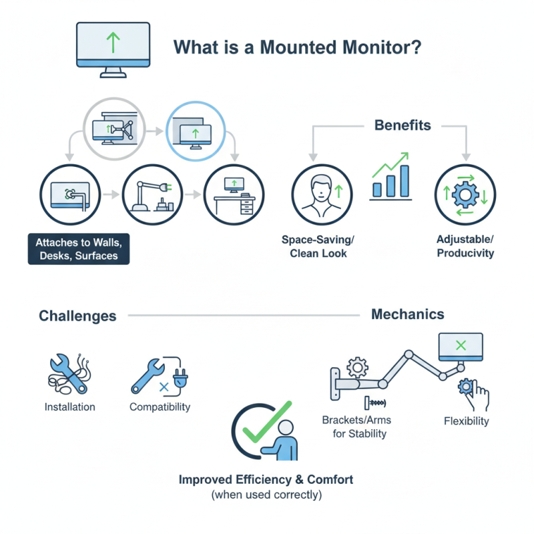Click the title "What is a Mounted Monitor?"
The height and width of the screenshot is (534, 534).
297,48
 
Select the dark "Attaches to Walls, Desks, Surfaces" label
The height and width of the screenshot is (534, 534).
79,248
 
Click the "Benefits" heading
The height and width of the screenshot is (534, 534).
402,125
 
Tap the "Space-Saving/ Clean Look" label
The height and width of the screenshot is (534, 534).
322,246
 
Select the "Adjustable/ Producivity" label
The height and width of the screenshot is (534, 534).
465,246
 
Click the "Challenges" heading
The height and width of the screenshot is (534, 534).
77,316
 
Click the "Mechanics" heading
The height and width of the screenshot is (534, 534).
407,314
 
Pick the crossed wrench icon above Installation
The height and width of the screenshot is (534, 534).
68,374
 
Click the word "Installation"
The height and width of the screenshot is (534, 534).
69,407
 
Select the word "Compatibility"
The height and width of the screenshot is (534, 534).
160,407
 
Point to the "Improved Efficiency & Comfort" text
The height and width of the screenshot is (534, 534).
266,479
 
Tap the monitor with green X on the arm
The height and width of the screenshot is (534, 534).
459,346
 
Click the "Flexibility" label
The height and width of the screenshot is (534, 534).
466,421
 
